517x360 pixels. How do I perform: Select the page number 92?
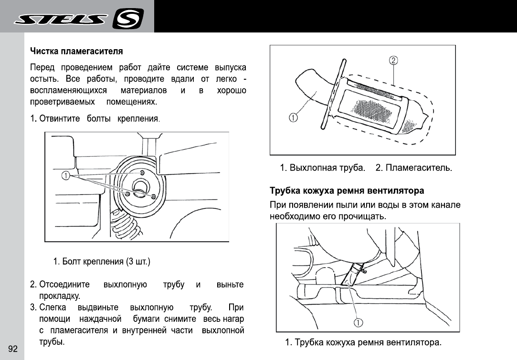12,349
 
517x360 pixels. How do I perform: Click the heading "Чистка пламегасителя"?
76,51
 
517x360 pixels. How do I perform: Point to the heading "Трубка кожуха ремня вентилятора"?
347,191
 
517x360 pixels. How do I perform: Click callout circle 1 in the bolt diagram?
65,176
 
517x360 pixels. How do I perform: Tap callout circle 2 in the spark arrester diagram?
394,61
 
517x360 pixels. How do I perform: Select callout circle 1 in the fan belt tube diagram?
357,323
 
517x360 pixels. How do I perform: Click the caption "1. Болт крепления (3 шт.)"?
102,262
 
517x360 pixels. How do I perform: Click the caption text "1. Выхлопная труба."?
323,168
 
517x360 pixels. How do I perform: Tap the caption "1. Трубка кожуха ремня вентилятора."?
363,342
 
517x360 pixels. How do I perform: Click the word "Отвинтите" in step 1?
59,118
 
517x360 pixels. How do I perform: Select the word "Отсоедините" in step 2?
64,285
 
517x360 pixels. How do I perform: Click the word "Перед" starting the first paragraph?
42,67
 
